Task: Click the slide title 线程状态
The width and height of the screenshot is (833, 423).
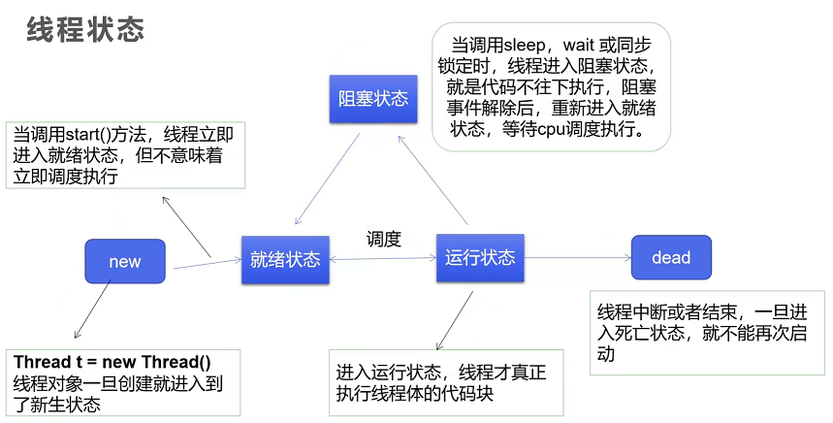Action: [85, 30]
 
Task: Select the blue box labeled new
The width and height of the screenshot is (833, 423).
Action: [125, 261]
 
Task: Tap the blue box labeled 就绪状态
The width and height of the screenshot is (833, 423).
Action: [284, 259]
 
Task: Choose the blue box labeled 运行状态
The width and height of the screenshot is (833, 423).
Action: [479, 258]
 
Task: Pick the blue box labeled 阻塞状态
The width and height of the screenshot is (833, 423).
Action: [372, 99]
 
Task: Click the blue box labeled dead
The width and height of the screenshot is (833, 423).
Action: [671, 257]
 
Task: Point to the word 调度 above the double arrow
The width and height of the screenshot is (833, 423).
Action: [384, 239]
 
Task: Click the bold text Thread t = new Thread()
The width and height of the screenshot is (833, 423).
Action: [112, 362]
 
